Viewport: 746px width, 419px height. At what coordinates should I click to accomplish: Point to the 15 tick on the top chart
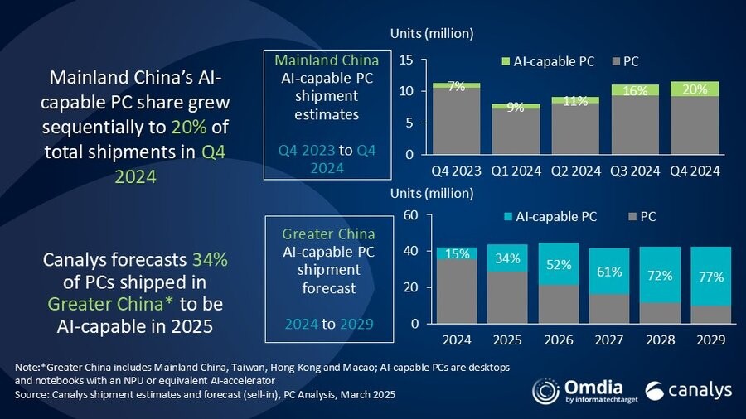[406, 60]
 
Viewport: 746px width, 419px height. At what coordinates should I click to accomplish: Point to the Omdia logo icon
[546, 392]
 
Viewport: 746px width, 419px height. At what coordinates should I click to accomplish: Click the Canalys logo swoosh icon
[654, 392]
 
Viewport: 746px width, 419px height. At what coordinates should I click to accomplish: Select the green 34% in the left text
[211, 260]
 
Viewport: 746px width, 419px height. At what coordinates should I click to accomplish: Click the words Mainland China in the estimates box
[326, 60]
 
